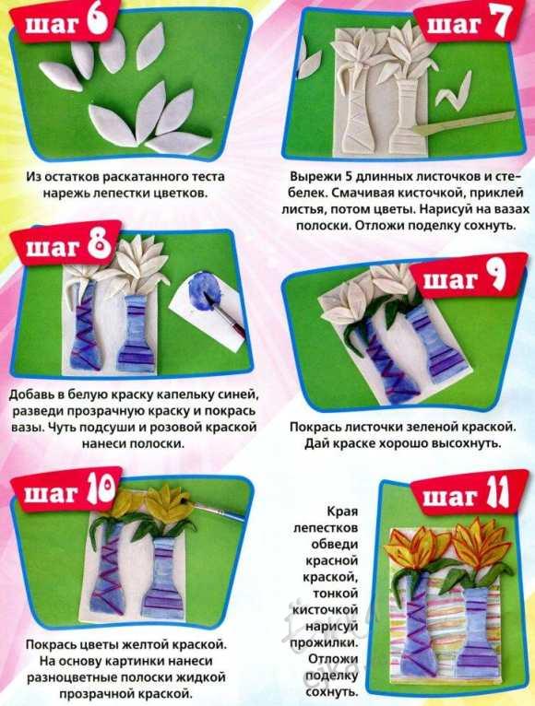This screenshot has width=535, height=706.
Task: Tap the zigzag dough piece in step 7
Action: tap(454, 91)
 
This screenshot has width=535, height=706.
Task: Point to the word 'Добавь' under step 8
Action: tap(30, 394)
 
